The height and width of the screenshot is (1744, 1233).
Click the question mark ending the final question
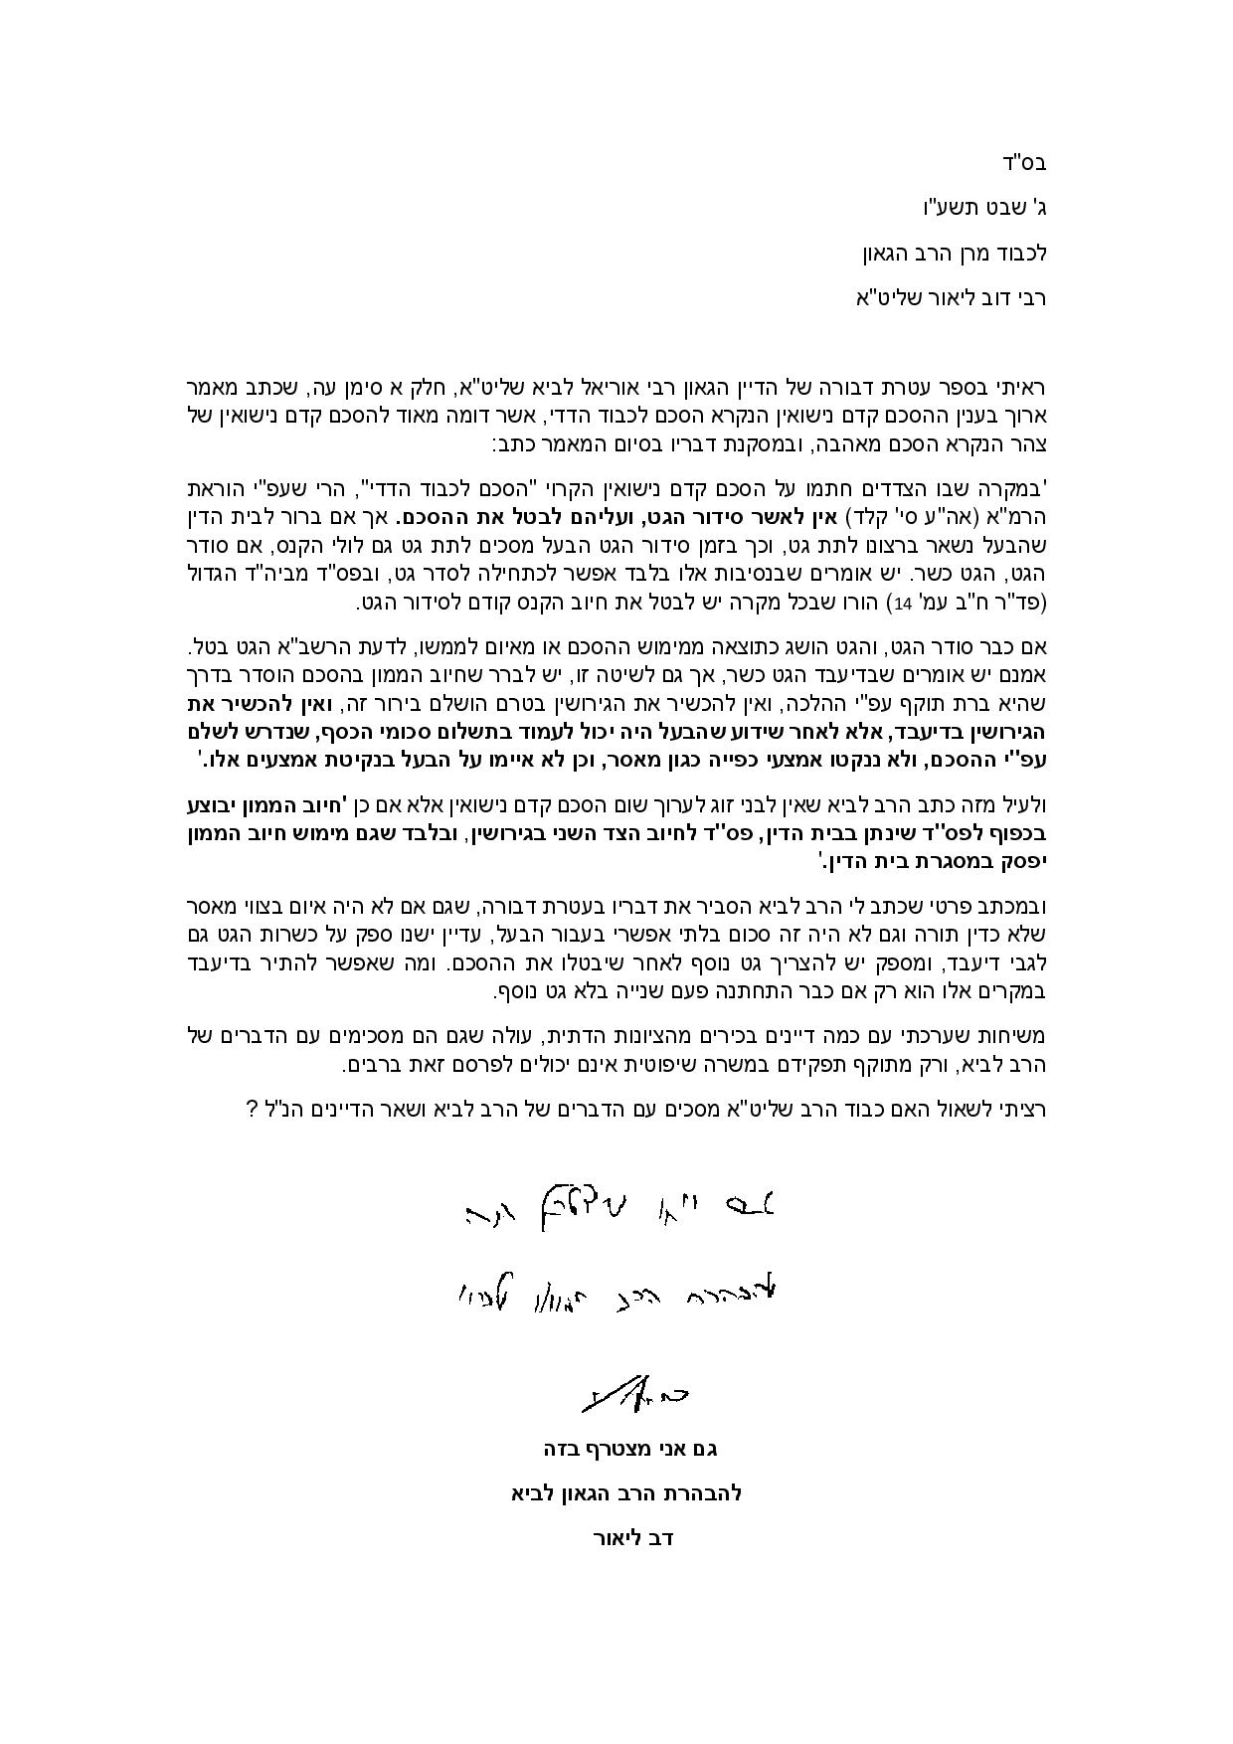(253, 1109)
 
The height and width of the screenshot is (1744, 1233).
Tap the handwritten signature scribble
(634, 1395)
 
